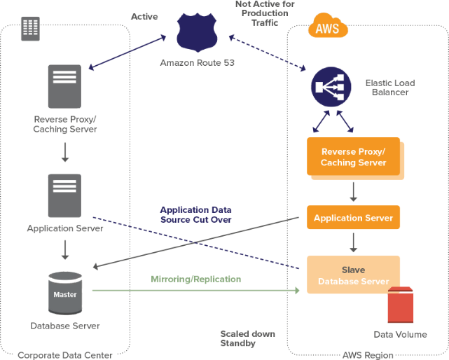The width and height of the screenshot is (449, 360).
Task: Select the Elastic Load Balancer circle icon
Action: pos(331,86)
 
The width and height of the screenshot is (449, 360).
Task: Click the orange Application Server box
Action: pos(353,218)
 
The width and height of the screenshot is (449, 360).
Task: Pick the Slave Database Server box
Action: pos(353,275)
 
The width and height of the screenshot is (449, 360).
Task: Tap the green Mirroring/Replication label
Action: pos(195,279)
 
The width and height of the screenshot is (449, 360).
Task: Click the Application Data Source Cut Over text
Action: pos(195,214)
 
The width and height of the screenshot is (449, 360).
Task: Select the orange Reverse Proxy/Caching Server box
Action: pos(353,157)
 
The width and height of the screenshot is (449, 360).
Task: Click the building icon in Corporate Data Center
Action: pos(29,28)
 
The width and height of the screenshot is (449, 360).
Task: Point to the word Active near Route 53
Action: pos(145,15)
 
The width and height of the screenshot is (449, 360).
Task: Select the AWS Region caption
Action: pos(368,354)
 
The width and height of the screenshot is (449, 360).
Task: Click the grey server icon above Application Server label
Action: pos(65,195)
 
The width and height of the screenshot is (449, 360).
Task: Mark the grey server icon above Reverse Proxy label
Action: pos(65,87)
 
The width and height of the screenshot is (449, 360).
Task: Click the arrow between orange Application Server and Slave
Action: pos(353,242)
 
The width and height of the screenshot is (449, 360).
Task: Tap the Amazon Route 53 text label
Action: pos(197,63)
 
